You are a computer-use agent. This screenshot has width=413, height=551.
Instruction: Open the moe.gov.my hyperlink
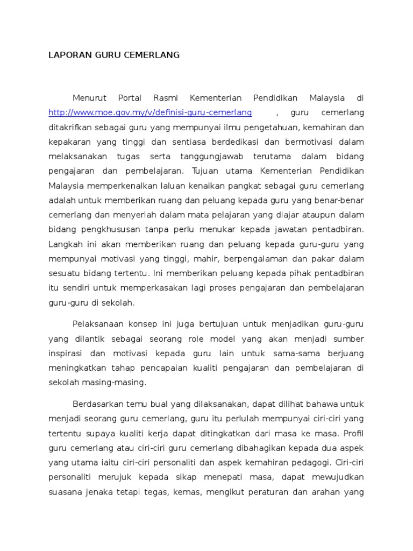150,113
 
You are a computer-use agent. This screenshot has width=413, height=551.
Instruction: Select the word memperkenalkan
119,186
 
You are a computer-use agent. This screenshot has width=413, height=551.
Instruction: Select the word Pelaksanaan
98,324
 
